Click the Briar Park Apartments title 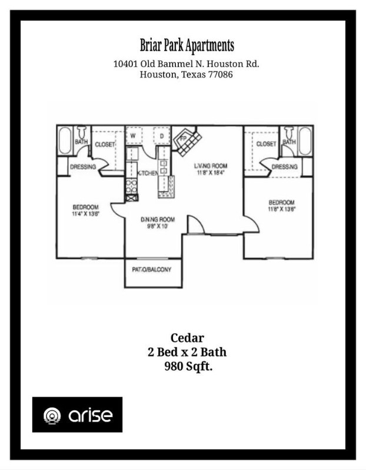187,45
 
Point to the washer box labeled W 134,136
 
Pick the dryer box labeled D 161,136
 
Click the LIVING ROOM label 211,166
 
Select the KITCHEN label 147,173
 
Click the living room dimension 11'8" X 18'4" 211,173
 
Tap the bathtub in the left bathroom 64,142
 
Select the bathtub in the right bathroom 305,142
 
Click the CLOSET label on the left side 105,144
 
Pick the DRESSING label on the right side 285,167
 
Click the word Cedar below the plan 187,338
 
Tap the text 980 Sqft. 187,367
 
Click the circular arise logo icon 53,415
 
